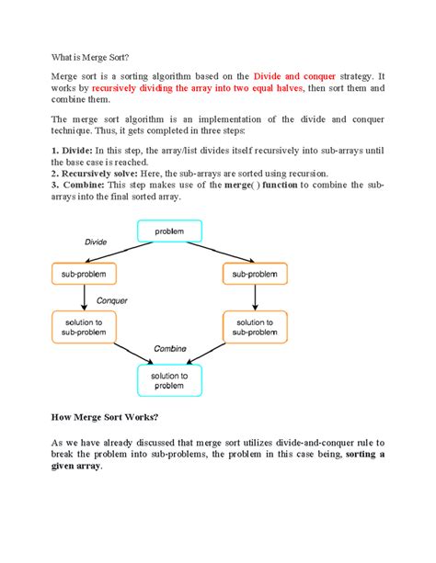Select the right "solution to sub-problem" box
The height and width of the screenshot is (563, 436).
coord(255,325)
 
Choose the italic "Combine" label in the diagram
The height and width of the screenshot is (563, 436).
coord(169,349)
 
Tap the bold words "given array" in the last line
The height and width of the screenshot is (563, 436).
coord(75,466)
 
